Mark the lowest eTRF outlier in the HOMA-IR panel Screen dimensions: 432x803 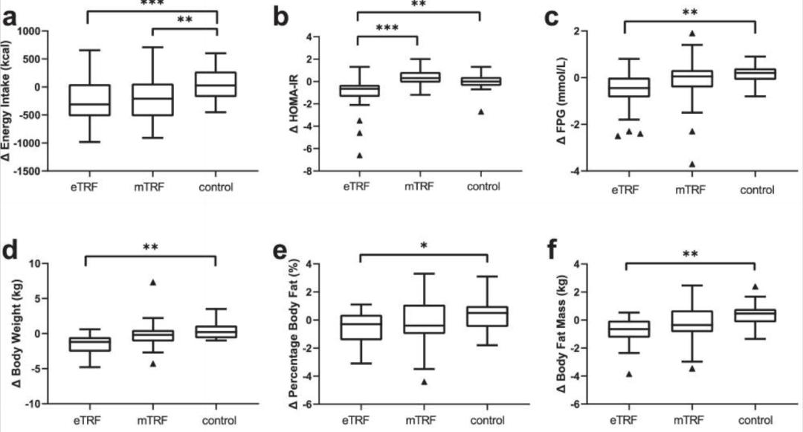click(359, 155)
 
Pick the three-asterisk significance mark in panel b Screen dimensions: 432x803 click(387, 28)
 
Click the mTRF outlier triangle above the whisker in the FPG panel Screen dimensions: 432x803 click(691, 33)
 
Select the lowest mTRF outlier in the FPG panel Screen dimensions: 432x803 click(691, 164)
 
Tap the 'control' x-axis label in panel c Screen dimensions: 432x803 click(757, 190)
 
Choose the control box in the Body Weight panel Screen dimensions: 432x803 click(216, 332)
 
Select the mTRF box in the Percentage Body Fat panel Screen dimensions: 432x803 click(422, 319)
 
